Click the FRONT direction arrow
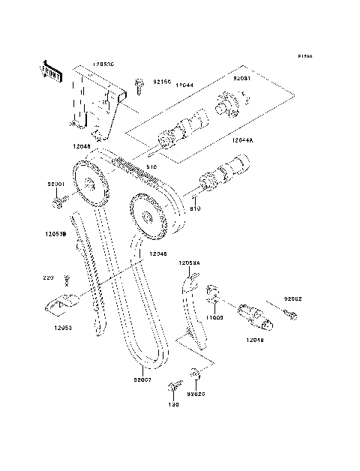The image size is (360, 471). (52, 70)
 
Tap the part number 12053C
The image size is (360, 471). (104, 65)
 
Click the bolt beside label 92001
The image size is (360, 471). (58, 201)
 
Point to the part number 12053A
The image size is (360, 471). (189, 263)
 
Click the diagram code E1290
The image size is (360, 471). (304, 56)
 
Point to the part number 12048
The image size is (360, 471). (255, 339)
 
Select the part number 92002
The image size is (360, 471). (292, 298)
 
